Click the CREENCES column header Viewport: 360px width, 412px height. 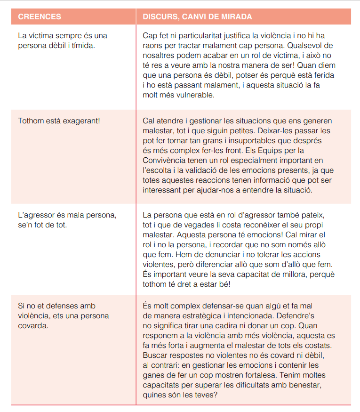tap(40, 17)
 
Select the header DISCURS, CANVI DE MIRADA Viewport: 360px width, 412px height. tap(197, 17)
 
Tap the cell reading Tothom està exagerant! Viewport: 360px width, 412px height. tap(59, 121)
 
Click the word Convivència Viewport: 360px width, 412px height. tap(164, 161)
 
